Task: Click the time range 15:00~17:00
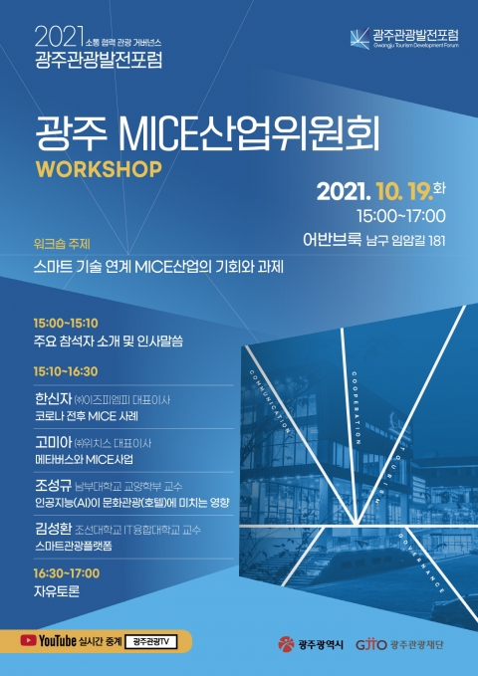pos(399,215)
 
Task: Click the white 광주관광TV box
pos(150,642)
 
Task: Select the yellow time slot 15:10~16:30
pos(66,370)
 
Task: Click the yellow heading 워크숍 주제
pos(62,244)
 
